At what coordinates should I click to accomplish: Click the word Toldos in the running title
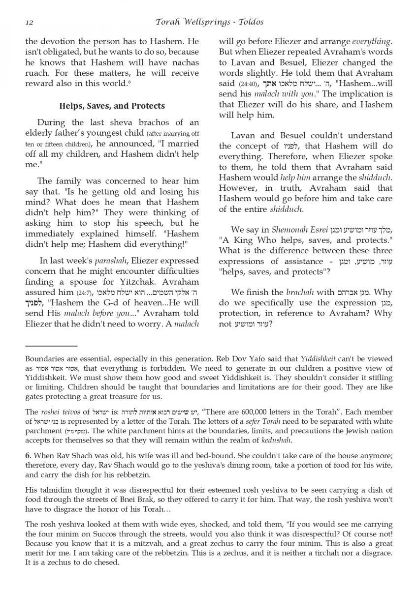[250, 22]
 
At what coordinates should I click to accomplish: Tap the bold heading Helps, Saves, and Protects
[112, 106]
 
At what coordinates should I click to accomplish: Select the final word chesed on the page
[109, 562]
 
